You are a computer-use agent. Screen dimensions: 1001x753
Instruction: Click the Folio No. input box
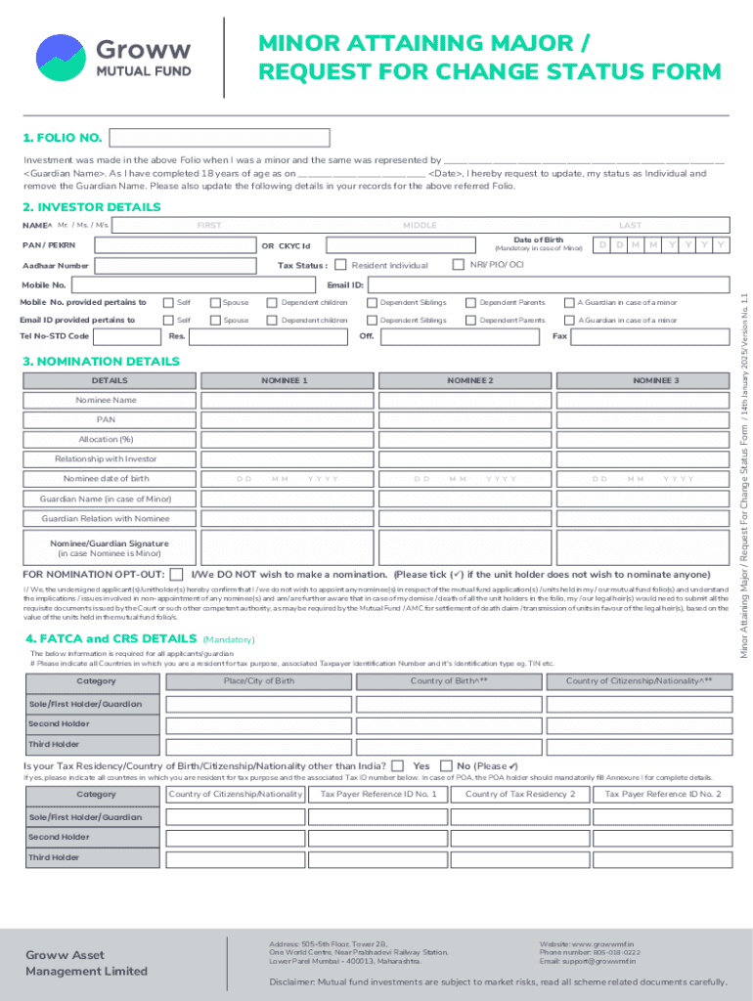[220, 138]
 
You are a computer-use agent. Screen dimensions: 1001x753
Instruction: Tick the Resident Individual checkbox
[340, 265]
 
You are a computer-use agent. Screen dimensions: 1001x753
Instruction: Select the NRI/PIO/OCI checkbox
[458, 265]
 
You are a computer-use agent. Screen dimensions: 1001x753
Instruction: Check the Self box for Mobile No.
[168, 302]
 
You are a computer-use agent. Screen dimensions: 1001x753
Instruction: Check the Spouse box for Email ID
[215, 320]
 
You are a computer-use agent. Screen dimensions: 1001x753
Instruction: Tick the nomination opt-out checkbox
[176, 574]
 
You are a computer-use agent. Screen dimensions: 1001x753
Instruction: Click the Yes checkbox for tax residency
[398, 765]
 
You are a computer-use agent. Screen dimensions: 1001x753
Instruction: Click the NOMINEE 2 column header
[470, 379]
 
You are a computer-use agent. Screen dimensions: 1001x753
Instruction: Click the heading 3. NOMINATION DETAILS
[101, 361]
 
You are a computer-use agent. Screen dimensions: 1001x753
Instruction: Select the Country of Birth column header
[449, 680]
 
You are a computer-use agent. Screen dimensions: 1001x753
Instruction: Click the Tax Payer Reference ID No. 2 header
[662, 794]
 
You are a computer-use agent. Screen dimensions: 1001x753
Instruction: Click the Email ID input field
[548, 284]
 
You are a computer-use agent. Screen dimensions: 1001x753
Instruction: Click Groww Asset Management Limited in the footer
[86, 963]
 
